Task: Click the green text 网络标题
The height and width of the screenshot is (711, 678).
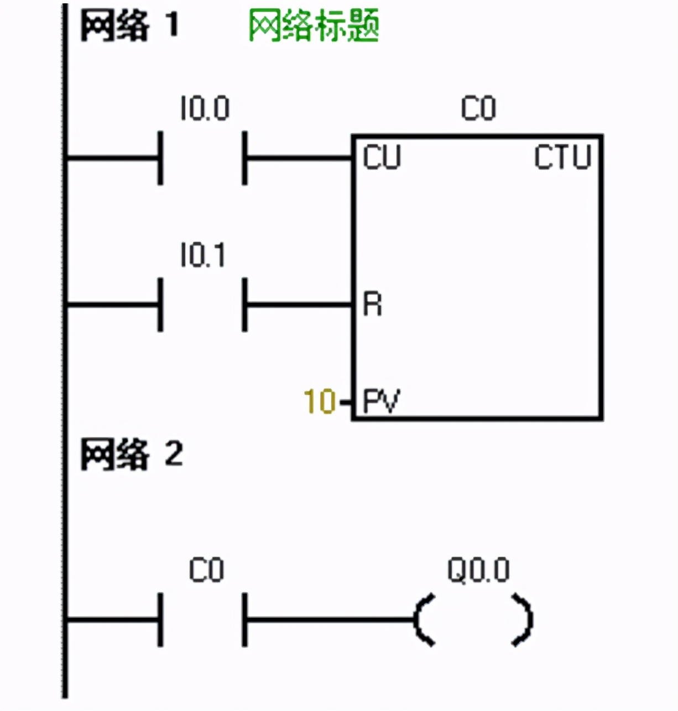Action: coord(314,26)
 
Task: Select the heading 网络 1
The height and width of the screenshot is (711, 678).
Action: coord(129,25)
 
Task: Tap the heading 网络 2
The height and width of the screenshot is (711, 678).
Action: coord(131,454)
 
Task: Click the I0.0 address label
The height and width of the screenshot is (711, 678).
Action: coord(204,108)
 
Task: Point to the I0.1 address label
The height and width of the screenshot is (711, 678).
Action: coord(203,255)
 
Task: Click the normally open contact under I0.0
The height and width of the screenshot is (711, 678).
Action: coord(202,159)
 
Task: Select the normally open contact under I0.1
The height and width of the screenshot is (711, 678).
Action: coord(202,304)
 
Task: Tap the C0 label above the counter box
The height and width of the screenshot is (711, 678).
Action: coord(478,108)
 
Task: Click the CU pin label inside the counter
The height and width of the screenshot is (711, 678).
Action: coord(382,158)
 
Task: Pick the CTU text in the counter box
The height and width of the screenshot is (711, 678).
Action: coord(562,158)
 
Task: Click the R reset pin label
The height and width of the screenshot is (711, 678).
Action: coord(372,304)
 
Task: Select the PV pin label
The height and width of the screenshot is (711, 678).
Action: coord(381,401)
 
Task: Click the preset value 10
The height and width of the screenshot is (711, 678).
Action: coord(320,401)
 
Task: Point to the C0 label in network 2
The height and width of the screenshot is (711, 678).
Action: coord(206,570)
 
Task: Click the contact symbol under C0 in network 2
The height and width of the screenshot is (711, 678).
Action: coord(202,620)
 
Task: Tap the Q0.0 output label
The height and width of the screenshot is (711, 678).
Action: coord(478,570)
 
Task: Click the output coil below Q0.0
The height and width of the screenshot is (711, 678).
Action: coord(473,620)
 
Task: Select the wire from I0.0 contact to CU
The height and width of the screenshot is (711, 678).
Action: coord(299,159)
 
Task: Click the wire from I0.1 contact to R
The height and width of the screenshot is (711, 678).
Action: coord(299,304)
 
